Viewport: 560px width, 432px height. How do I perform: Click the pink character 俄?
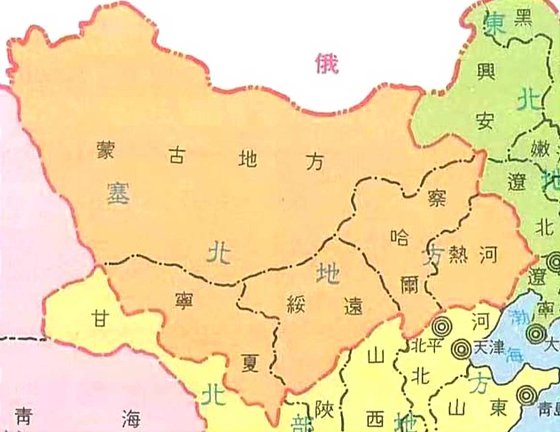tap(327, 64)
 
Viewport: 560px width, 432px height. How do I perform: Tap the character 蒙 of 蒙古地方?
tap(106, 150)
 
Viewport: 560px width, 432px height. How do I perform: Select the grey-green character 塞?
tap(118, 193)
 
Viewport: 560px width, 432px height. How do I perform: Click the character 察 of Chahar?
tap(437, 198)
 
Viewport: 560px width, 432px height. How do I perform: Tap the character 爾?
tap(410, 285)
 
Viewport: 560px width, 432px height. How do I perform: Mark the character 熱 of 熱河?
tap(459, 255)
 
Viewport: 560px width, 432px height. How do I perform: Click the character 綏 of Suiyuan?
tap(296, 304)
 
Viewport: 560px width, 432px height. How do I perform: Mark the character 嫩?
tap(540, 149)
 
